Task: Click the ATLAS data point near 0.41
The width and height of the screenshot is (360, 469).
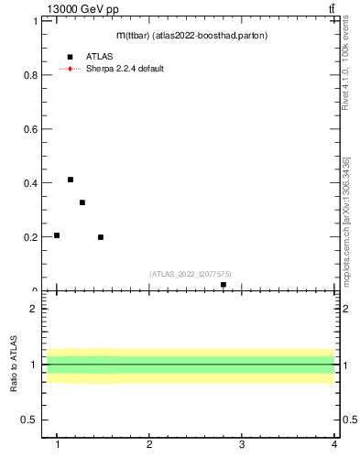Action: tap(71, 180)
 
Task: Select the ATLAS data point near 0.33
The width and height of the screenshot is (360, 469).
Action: tap(82, 202)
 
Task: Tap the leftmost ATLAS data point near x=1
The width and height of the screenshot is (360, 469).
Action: tap(57, 235)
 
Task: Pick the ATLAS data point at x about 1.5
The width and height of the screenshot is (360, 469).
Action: tap(101, 237)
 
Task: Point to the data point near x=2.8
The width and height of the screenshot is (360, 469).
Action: tap(224, 285)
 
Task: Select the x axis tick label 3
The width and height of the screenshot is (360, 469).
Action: tap(242, 445)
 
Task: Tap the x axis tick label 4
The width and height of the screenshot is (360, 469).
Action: tap(334, 445)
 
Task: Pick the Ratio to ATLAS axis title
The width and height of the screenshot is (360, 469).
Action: tap(15, 365)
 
